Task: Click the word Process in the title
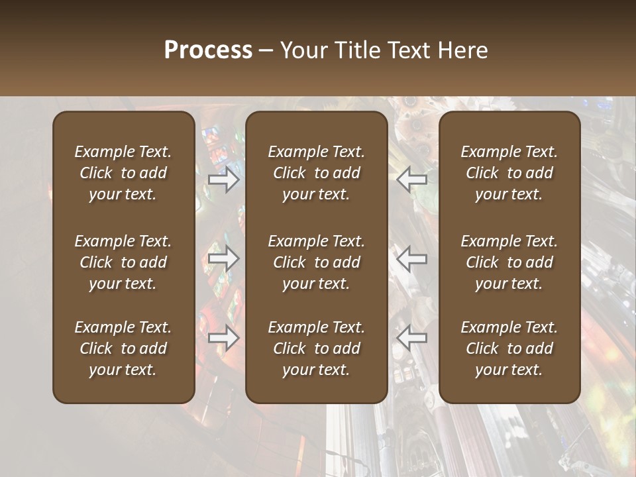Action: tap(208, 50)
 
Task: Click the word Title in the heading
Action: tap(355, 50)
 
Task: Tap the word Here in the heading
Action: tap(462, 50)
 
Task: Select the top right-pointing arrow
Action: tap(224, 180)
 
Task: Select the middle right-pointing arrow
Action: tap(224, 258)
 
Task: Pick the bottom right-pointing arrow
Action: tap(224, 338)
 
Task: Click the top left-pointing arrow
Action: tap(411, 180)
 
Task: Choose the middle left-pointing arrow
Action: tap(411, 258)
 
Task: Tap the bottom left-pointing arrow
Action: tap(411, 338)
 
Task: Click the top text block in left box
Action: tap(123, 173)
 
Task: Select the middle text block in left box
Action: tap(123, 262)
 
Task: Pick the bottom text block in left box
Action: tap(123, 348)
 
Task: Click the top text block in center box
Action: tap(316, 173)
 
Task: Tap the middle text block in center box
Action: tap(316, 262)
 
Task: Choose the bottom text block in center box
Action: tap(316, 348)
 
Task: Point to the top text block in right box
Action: tap(509, 173)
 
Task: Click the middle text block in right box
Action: tap(509, 262)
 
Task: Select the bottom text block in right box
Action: tap(509, 348)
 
